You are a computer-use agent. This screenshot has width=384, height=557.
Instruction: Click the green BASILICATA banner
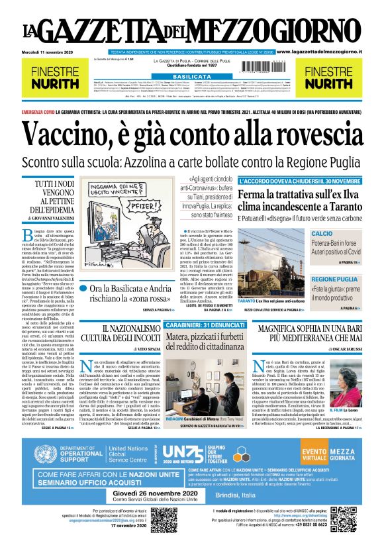point(191,77)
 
